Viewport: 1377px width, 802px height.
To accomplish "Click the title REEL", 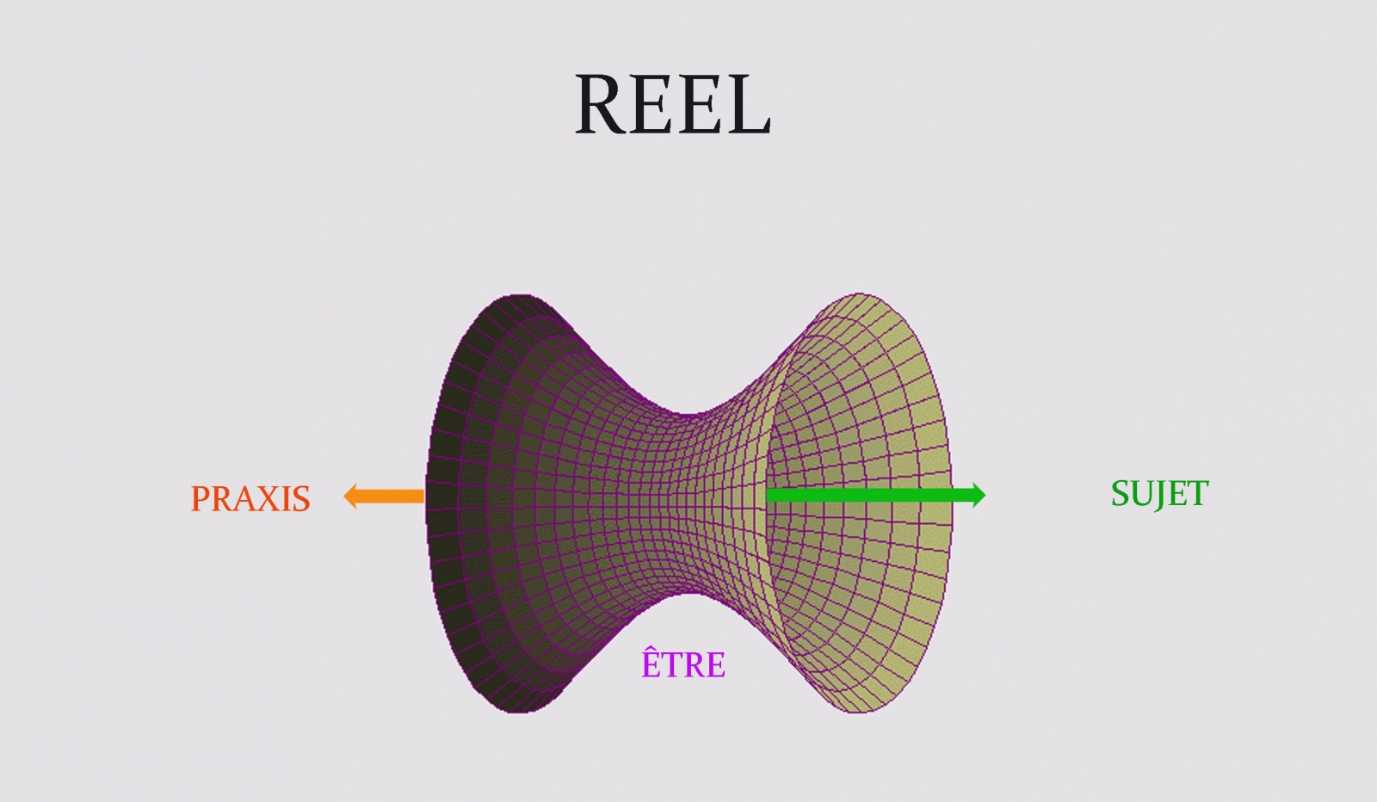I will click(x=672, y=104).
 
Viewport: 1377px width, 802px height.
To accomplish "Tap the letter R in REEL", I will click(x=603, y=104).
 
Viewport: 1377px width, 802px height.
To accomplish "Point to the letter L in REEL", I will click(x=747, y=104).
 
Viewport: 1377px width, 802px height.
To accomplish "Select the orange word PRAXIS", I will click(x=250, y=499).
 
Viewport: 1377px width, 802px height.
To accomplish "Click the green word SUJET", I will click(x=1159, y=494).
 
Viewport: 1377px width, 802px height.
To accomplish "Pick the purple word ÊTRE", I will click(x=683, y=663).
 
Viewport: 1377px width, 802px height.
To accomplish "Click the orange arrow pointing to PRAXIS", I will click(x=385, y=497).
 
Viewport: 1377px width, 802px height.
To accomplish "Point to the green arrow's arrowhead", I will click(x=979, y=495).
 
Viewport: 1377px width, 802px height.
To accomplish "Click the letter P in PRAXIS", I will click(x=200, y=499).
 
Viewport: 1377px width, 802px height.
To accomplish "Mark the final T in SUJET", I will click(x=1199, y=494).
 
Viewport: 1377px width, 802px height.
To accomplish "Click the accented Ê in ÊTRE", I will click(x=651, y=663).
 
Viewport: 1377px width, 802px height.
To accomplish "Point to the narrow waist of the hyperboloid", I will click(x=688, y=503).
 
